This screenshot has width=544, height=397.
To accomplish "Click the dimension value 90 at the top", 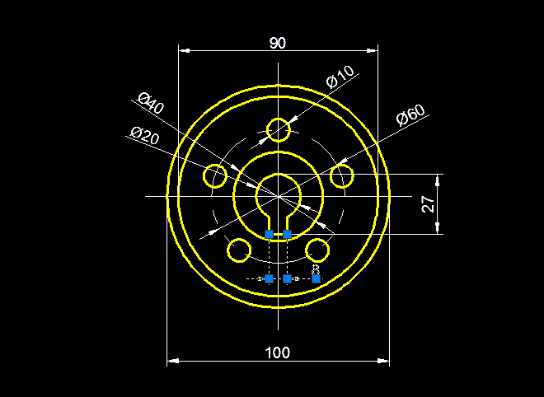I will (x=278, y=43).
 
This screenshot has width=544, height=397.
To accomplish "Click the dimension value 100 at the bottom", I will (x=278, y=353).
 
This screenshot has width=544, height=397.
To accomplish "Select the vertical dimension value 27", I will (x=429, y=204).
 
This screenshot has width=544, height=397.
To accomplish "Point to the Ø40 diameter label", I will (x=152, y=105).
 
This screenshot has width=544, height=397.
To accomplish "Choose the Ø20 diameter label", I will (x=144, y=135).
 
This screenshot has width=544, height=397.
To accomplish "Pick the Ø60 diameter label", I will (x=410, y=115).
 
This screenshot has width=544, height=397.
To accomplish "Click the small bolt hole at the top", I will (x=279, y=130).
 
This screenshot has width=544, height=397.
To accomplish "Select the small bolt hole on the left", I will (x=216, y=175).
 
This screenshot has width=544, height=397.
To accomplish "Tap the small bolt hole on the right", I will (x=342, y=175).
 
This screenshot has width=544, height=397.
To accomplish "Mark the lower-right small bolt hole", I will (x=318, y=249).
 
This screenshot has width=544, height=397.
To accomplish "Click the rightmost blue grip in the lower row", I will (x=316, y=279).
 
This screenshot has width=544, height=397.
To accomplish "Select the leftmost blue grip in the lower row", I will (x=270, y=279).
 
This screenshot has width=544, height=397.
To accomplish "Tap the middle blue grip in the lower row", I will (x=288, y=279).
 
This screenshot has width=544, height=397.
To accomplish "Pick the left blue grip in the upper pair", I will (x=270, y=235).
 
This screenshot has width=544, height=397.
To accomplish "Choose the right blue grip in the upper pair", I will (x=288, y=235).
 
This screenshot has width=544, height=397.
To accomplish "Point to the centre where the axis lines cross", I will (x=279, y=196).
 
